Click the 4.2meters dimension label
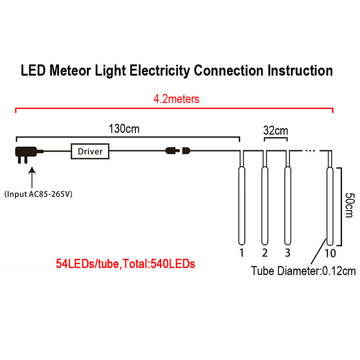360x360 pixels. coord(176,99)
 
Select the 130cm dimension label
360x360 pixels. coord(124,129)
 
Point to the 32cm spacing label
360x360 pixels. coord(275,131)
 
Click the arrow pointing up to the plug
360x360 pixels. coord(32,178)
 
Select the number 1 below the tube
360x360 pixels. coord(241,252)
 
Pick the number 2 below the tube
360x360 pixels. coord(265,252)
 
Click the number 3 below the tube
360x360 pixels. coord(287,252)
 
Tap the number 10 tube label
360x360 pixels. coord(330,253)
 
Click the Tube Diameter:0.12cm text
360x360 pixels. coord(303,271)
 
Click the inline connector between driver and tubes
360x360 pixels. coord(178,151)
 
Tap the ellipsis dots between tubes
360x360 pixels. coord(310,151)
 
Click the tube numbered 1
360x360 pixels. coord(241,205)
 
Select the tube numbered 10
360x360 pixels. coord(330,205)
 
